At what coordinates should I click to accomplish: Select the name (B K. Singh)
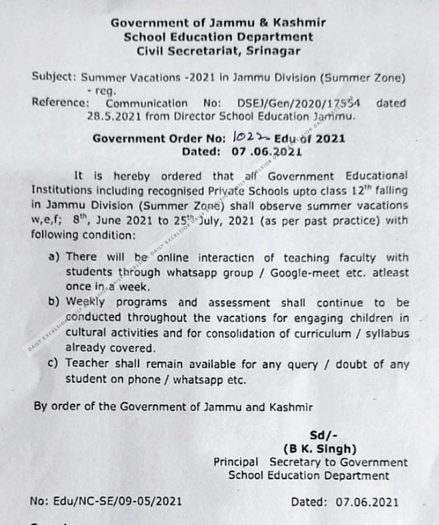click(319, 448)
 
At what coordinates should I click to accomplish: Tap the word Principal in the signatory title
click(236, 462)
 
